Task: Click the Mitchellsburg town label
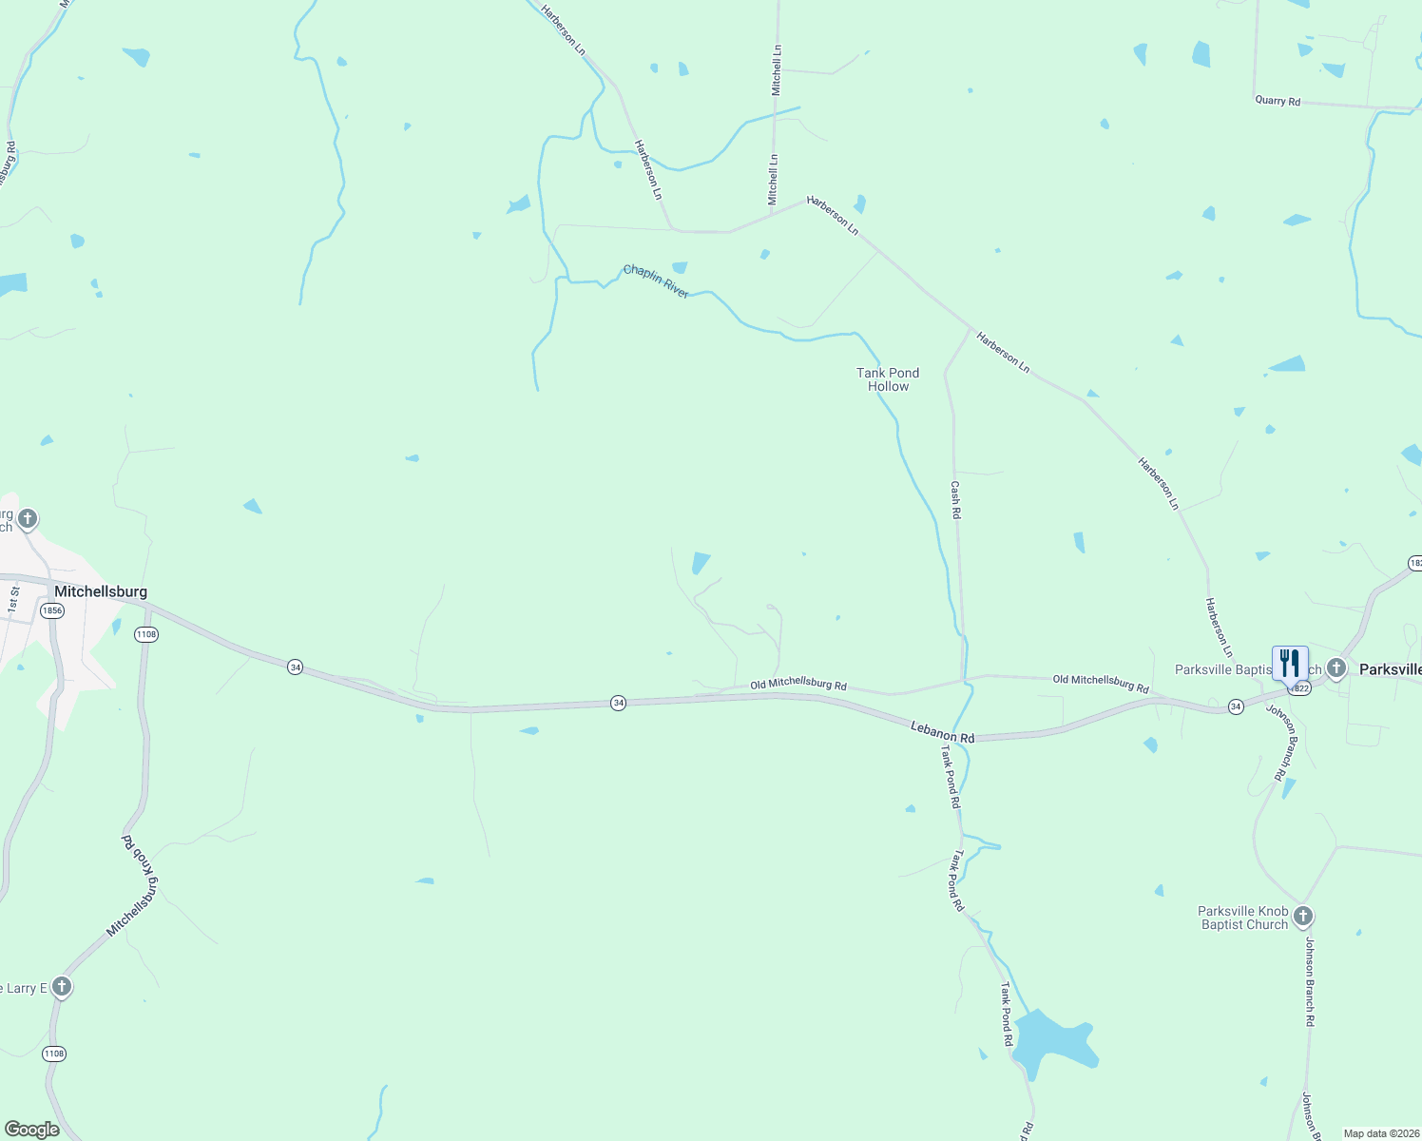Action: pyautogui.click(x=101, y=591)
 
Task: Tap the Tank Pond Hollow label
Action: pyautogui.click(x=888, y=379)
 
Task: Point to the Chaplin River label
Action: pyautogui.click(x=656, y=281)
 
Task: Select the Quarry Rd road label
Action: pyautogui.click(x=1278, y=101)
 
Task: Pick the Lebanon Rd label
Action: pyautogui.click(x=942, y=732)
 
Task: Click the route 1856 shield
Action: pyautogui.click(x=53, y=610)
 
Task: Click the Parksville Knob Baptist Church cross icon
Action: pyautogui.click(x=1303, y=917)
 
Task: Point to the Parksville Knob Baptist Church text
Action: pyautogui.click(x=1243, y=918)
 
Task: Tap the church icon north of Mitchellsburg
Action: pyautogui.click(x=28, y=518)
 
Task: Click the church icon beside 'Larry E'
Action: pyautogui.click(x=62, y=987)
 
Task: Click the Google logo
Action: pyautogui.click(x=31, y=1130)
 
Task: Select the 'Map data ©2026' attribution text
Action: pyautogui.click(x=1380, y=1133)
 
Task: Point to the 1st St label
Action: pyautogui.click(x=13, y=599)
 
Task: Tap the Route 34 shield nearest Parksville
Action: pyautogui.click(x=1235, y=706)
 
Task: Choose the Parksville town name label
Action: pyautogui.click(x=1390, y=669)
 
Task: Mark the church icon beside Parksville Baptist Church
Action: pyautogui.click(x=1336, y=668)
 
